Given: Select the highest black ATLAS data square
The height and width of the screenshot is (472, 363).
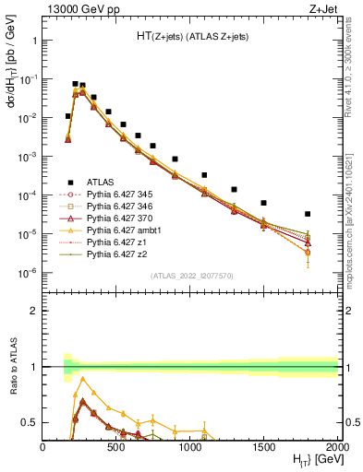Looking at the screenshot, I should (75, 84).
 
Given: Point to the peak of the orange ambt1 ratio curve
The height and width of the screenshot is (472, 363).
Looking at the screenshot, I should (82, 378).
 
